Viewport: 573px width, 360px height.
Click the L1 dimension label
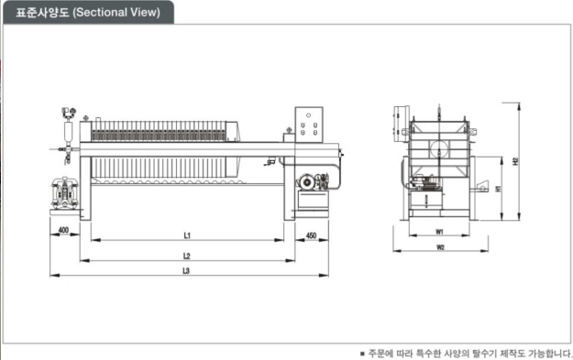[x=187, y=235]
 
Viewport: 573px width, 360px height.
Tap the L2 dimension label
[x=187, y=256]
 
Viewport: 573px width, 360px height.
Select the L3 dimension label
[x=186, y=271]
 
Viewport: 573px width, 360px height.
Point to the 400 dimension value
[x=63, y=230]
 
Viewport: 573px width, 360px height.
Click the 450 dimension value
[x=311, y=235]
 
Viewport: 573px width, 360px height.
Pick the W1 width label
[x=439, y=232]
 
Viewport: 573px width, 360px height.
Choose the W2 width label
[x=440, y=247]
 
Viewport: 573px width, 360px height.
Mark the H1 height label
[x=498, y=189]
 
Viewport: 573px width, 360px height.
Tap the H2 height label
[x=515, y=161]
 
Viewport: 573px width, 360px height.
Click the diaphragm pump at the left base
[x=65, y=193]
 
